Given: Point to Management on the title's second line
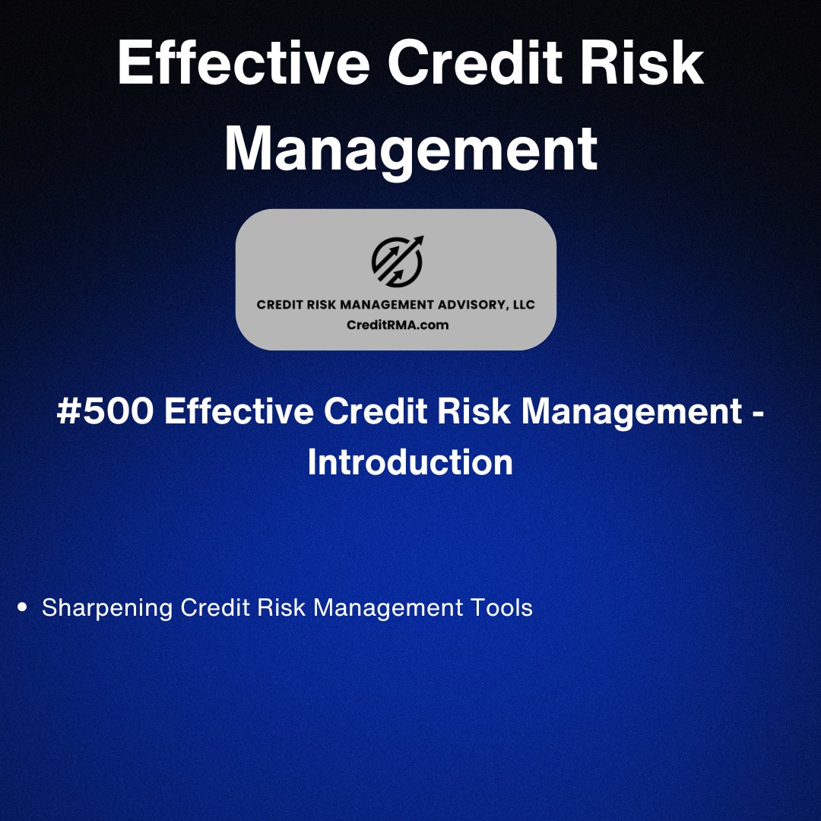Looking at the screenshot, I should (410, 149).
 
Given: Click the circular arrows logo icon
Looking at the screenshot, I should (396, 262).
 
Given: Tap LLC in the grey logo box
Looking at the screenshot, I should (523, 305).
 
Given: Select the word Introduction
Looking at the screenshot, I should (410, 463).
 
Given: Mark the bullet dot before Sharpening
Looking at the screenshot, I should (22, 608).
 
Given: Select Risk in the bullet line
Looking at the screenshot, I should (279, 608).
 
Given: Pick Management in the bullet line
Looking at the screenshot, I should (388, 609).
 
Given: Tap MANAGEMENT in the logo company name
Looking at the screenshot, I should (369, 305).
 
